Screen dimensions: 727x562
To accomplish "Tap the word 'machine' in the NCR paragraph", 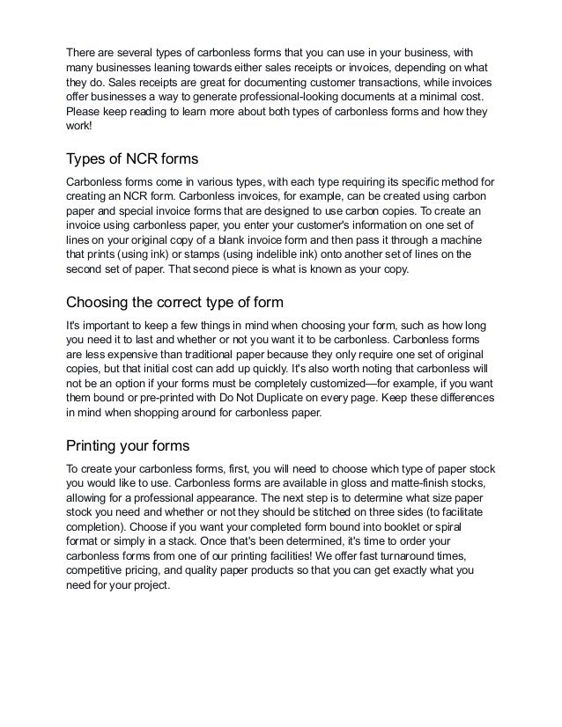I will pos(451,239).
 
